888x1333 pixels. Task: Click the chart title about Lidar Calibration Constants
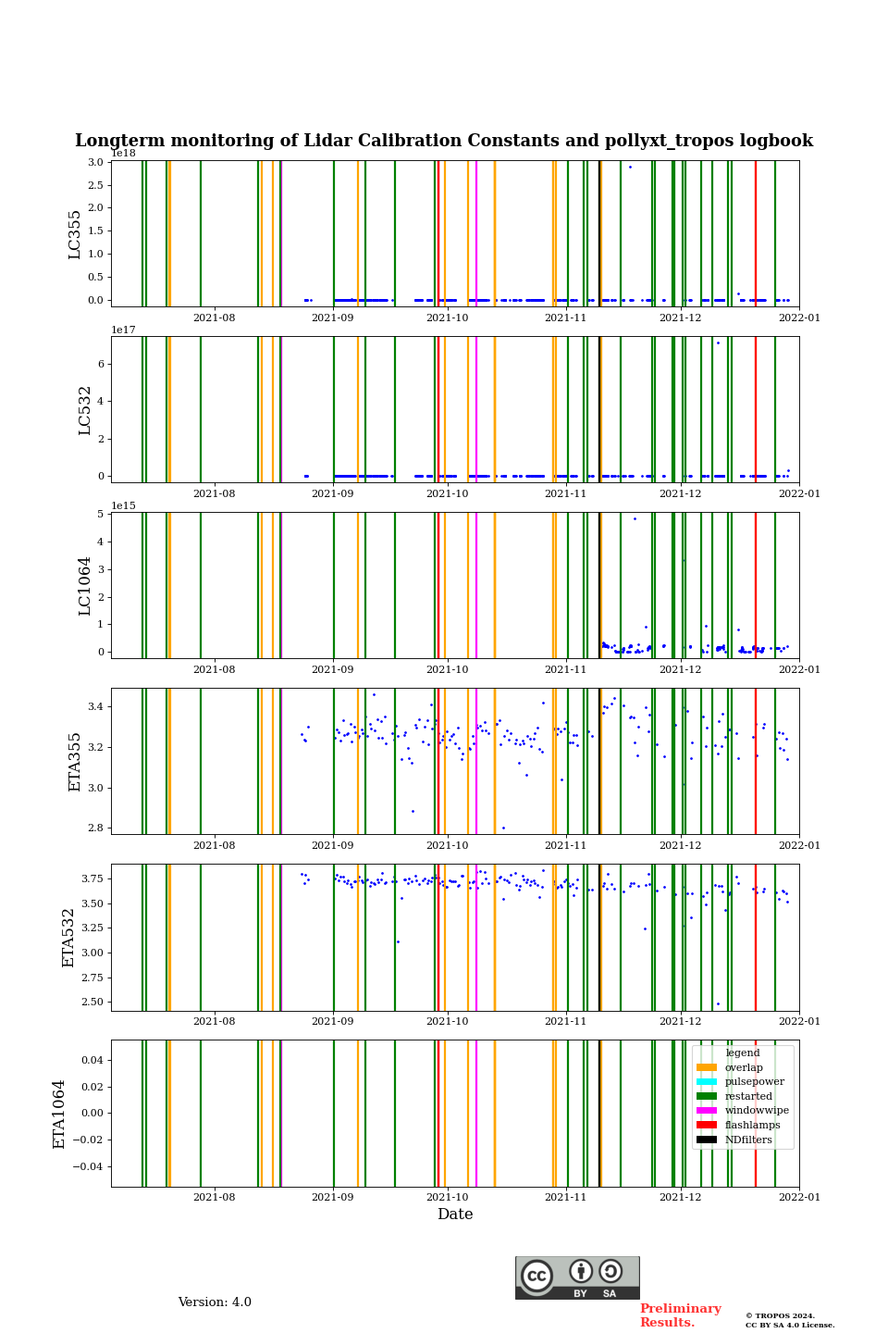pos(444,141)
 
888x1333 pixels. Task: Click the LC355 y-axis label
pos(75,234)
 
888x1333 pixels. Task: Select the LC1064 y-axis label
pos(85,586)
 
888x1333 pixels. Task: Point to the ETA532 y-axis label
pos(69,938)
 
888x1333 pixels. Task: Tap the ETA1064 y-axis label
pos(59,1114)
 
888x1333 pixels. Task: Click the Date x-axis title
pos(455,1215)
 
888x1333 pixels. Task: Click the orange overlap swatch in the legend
pos(707,1067)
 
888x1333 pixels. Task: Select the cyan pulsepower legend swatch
pos(707,1082)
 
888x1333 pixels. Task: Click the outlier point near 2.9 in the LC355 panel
pos(630,167)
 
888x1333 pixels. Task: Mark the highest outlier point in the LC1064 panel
pos(635,518)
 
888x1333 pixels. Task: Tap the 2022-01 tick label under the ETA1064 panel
pos(799,1198)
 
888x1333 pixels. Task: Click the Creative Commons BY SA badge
pos(577,1277)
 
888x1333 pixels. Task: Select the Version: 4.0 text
pos(215,1302)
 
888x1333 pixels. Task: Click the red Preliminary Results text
pos(680,1315)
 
